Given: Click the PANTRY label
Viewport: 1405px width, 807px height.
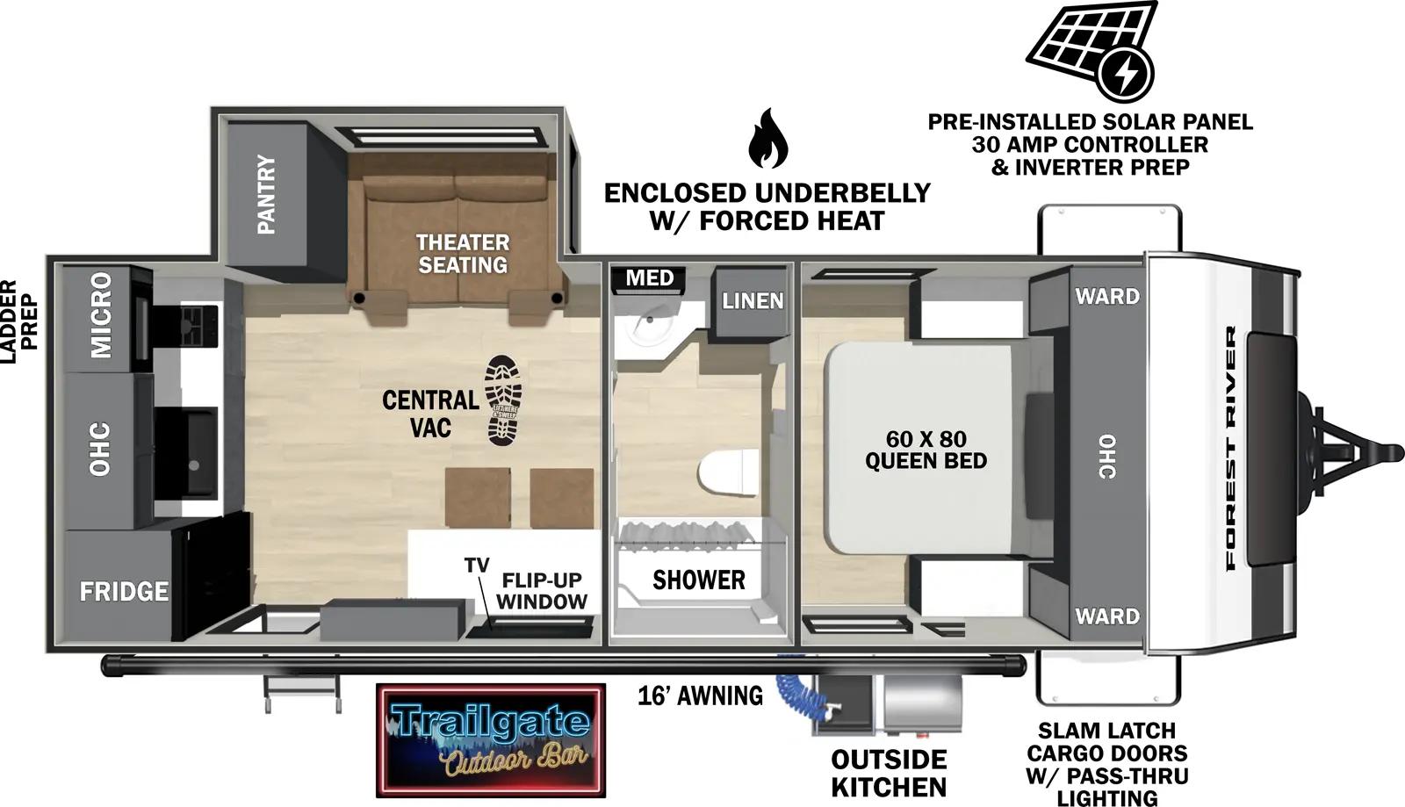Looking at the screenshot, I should tap(266, 195).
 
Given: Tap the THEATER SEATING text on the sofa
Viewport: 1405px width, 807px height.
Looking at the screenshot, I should tap(462, 253).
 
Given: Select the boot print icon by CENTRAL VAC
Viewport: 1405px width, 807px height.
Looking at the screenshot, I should tap(504, 400).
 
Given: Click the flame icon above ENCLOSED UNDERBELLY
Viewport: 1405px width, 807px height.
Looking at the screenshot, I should tap(767, 139).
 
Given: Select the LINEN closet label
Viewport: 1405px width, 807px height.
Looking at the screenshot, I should tap(753, 301).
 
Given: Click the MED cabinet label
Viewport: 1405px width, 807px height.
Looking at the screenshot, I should tap(650, 278).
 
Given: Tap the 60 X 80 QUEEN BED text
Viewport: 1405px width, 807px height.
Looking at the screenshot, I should tap(926, 450).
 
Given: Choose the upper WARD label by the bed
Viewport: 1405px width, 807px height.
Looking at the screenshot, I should tap(1106, 296).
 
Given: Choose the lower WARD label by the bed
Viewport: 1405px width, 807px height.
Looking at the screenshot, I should tap(1106, 616).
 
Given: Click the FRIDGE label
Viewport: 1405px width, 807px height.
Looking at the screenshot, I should tap(124, 591).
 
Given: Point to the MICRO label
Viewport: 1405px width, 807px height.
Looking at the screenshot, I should tap(100, 315).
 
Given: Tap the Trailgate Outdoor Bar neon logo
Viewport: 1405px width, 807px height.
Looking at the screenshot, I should tap(490, 739).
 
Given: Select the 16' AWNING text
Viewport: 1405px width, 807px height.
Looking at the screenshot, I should tap(700, 695).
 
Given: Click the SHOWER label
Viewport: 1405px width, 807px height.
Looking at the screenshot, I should tap(698, 580).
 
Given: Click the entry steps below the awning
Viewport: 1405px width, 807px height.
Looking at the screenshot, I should tap(301, 694).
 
